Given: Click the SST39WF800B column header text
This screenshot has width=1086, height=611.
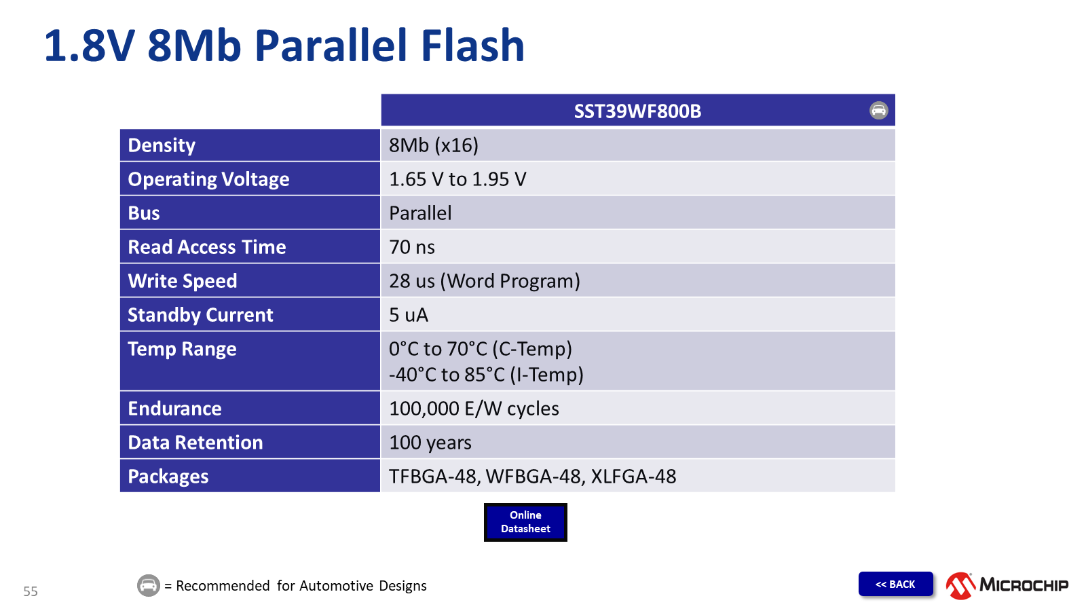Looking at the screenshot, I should [637, 111].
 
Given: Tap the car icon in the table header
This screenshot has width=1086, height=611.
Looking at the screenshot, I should [878, 111].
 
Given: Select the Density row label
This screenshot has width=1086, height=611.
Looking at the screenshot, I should [162, 145].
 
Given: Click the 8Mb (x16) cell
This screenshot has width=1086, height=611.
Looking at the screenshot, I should [434, 145].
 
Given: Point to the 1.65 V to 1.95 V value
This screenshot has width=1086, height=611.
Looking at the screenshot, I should [457, 179].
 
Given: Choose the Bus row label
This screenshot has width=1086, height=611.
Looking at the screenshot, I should [144, 213].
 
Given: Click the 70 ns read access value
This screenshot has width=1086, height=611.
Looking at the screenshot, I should [412, 247].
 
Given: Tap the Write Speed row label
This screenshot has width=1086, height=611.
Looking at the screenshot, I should [183, 281].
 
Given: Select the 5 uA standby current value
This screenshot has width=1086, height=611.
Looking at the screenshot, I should [409, 315].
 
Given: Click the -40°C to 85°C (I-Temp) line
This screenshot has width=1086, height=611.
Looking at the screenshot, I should [486, 375].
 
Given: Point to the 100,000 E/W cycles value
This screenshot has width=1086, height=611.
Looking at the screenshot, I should [474, 409].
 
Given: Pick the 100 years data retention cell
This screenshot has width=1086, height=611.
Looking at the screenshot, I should [430, 443].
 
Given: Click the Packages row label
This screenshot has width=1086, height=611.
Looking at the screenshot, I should [168, 477].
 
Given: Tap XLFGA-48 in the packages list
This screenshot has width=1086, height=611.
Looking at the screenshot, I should [633, 477].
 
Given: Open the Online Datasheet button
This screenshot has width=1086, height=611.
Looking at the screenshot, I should [525, 522].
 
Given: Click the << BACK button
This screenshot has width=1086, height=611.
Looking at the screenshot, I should [895, 584].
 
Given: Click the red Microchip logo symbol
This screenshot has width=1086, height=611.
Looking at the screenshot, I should [960, 586].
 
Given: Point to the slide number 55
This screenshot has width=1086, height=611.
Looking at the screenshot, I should [31, 591].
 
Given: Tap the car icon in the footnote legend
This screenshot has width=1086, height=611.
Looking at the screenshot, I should [149, 585].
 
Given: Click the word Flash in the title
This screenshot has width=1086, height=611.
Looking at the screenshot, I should [472, 46].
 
